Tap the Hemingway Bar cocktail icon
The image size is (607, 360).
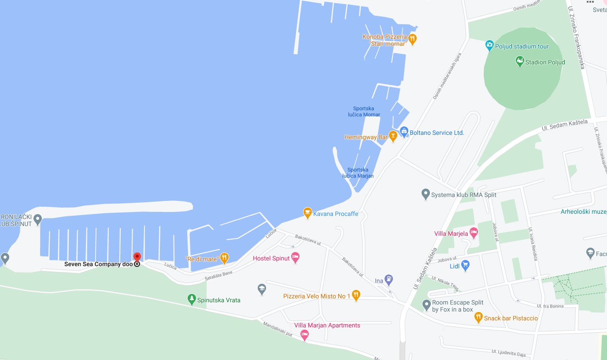point(393,137)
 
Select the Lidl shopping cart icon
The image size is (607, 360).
point(465,266)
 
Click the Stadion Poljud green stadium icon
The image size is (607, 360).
point(520,61)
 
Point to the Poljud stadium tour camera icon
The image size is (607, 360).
point(489,45)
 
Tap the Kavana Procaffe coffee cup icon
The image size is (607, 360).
point(307,213)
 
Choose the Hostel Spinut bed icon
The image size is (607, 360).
point(296,258)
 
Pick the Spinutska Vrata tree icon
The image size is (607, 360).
point(192,300)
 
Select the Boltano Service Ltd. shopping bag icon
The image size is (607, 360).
point(404,131)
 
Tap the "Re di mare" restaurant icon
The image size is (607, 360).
point(224,258)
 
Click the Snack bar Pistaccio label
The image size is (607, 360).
point(511,318)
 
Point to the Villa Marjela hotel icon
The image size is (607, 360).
point(474,233)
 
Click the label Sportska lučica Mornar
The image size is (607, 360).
point(364,111)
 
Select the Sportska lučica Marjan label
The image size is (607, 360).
point(358,173)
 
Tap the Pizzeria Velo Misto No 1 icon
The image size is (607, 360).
point(356,295)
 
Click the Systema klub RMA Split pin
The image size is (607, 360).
point(426,194)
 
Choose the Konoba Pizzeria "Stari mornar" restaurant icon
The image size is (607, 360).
point(412,39)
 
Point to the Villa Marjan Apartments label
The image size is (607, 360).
point(327,325)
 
